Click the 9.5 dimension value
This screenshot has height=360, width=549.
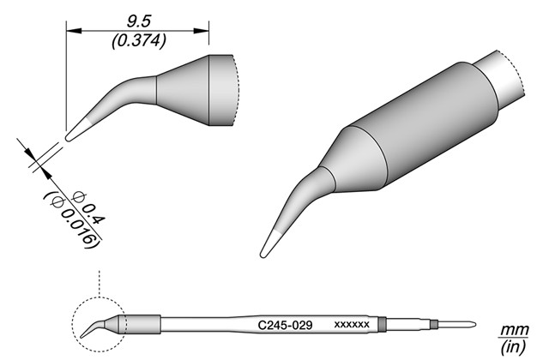(139, 22)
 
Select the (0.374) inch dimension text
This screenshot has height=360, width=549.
(139, 42)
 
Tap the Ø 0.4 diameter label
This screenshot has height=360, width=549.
(87, 208)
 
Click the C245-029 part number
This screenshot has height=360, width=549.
(285, 326)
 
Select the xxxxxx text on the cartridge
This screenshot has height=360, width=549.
(352, 325)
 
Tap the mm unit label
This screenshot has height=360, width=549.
(514, 330)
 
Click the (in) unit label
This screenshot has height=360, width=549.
(514, 346)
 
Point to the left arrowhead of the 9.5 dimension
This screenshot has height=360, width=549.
(74, 31)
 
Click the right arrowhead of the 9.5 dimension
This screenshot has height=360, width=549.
(202, 31)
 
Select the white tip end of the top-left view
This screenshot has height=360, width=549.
(78, 130)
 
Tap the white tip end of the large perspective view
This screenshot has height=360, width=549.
(270, 244)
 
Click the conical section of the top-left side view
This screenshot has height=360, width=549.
(183, 90)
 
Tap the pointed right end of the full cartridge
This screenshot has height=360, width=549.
(474, 324)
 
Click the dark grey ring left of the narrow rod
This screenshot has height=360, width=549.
(383, 324)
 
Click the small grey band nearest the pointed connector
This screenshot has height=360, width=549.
(434, 324)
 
